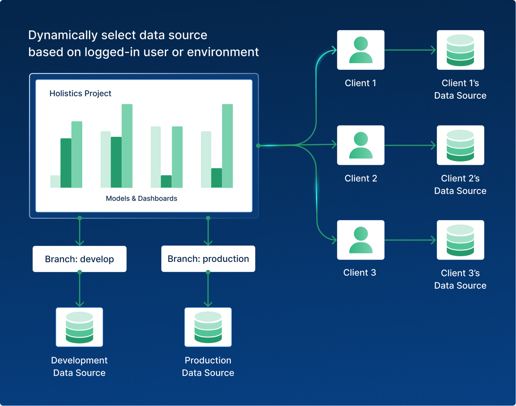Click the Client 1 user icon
[x=361, y=50]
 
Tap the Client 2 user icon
[x=361, y=145]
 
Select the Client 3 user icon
[x=361, y=240]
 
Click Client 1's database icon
[x=460, y=50]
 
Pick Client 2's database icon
[x=460, y=145]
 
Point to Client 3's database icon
[x=460, y=240]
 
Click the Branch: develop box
[x=79, y=259]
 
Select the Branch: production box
[x=208, y=259]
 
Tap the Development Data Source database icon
[x=79, y=327]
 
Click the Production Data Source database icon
[x=208, y=327]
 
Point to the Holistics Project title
[x=80, y=94]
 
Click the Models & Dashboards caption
[x=142, y=198]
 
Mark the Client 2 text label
[x=361, y=178]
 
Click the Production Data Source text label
[x=208, y=366]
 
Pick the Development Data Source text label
[x=79, y=366]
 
